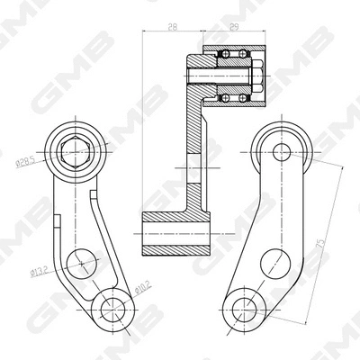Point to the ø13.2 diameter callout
(x=40, y=269)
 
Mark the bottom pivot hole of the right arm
(x=240, y=308)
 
